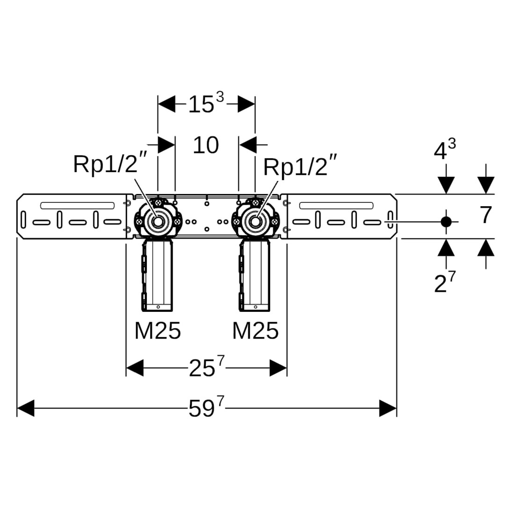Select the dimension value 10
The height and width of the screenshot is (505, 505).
(206, 145)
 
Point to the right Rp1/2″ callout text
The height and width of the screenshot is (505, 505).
(300, 167)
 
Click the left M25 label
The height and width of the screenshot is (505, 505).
(158, 332)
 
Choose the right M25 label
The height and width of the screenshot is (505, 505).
(255, 332)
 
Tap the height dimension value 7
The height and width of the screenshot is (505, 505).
(486, 216)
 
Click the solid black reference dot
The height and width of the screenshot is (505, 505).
(447, 222)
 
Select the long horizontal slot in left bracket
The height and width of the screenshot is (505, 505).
(77, 205)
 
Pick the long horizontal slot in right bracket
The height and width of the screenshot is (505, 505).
(336, 205)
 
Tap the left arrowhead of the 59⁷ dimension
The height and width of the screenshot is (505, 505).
(25, 408)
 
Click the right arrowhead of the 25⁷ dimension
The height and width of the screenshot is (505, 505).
(278, 368)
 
